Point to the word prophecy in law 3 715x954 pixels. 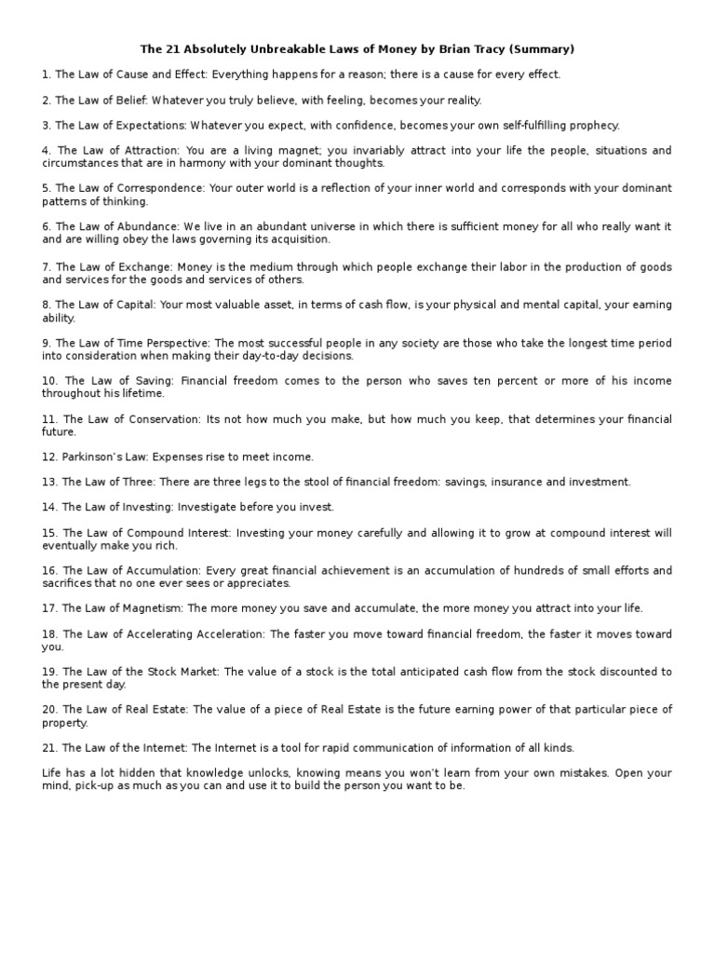tap(594, 125)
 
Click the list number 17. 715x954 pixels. tap(49, 608)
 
